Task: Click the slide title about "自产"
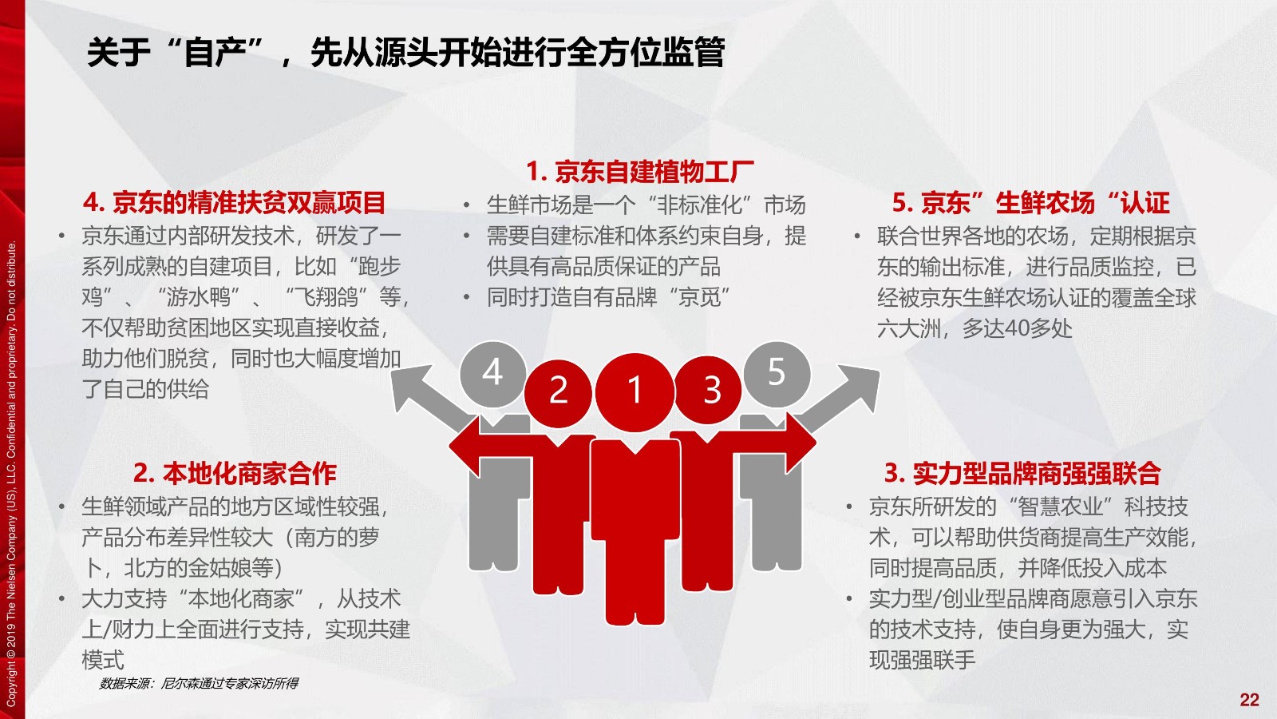click(x=406, y=52)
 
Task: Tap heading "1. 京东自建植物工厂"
click(x=639, y=171)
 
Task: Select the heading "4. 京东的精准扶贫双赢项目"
click(x=235, y=203)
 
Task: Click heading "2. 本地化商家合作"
click(x=235, y=473)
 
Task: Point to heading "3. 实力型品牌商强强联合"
click(x=1022, y=473)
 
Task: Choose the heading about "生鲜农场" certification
click(x=1030, y=203)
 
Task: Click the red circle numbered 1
click(x=635, y=392)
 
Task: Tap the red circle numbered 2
click(x=558, y=392)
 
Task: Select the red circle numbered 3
click(x=708, y=391)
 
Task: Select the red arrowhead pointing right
click(x=801, y=443)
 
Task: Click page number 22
click(x=1250, y=700)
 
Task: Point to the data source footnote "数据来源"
click(x=199, y=683)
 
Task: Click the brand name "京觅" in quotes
click(x=699, y=297)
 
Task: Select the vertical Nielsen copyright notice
click(x=11, y=475)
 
